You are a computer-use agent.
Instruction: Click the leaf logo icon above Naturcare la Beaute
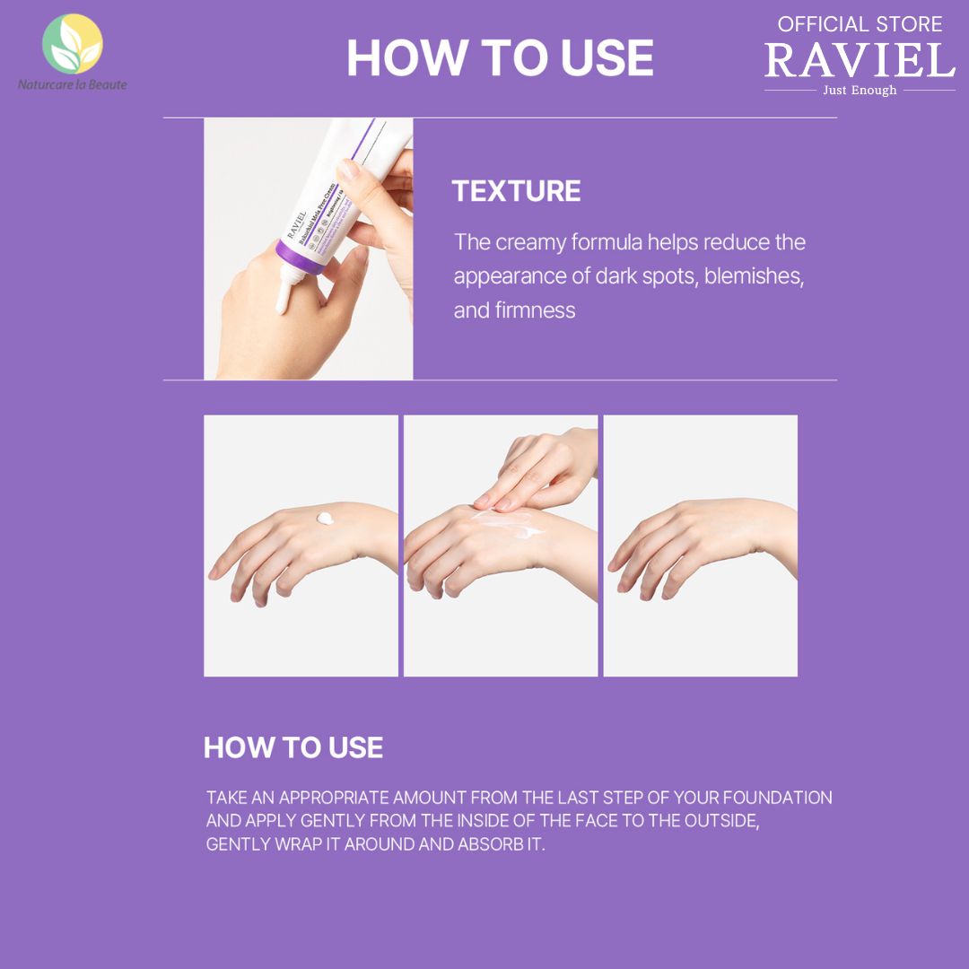click(x=73, y=42)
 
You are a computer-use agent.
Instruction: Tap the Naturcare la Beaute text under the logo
click(x=73, y=84)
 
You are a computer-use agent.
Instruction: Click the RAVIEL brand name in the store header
click(x=860, y=61)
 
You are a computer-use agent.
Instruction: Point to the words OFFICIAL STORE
click(x=860, y=24)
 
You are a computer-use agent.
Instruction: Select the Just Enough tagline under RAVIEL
click(x=860, y=90)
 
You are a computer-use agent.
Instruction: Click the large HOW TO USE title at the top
click(x=500, y=58)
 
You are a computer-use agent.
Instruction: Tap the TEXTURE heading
click(x=516, y=191)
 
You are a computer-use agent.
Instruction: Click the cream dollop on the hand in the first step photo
click(x=325, y=519)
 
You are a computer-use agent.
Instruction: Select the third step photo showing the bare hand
click(x=700, y=545)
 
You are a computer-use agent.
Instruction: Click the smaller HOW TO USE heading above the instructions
click(x=293, y=747)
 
